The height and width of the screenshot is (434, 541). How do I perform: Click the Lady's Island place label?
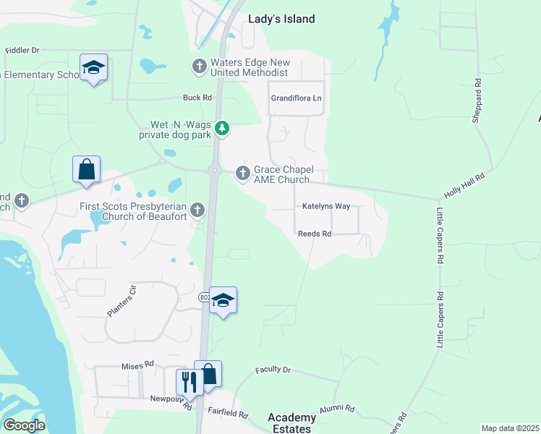[281, 20]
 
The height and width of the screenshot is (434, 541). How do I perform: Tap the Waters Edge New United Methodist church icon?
[199, 67]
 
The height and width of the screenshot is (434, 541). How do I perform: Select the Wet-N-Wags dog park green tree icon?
[223, 129]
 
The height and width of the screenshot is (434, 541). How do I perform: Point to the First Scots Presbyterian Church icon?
[197, 211]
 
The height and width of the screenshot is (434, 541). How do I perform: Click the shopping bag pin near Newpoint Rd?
[208, 374]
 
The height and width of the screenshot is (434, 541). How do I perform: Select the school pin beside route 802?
[223, 301]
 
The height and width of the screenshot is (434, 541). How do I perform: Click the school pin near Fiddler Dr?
[93, 68]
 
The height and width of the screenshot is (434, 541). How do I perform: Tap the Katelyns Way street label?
[326, 207]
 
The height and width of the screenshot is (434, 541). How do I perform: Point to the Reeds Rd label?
[315, 234]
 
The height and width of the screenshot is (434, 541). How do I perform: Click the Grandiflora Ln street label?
[295, 98]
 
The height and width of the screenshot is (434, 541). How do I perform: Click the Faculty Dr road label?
[273, 370]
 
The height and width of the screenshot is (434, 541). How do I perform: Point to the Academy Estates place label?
[291, 423]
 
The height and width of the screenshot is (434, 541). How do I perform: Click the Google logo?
[24, 425]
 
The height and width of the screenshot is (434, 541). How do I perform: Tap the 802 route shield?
[204, 297]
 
